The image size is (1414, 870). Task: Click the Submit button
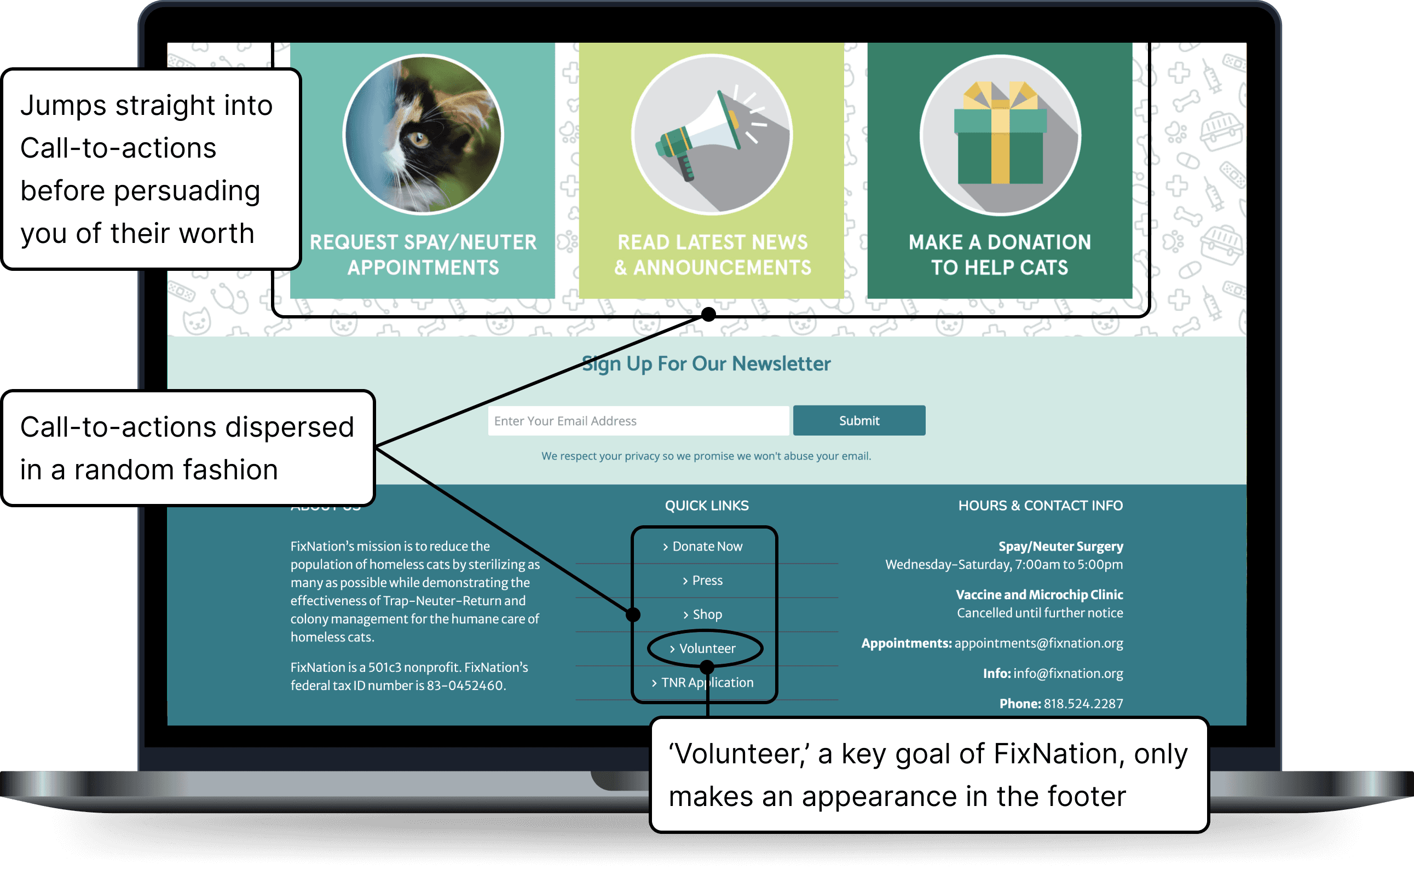(x=859, y=421)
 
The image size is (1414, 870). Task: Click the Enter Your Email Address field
(x=638, y=421)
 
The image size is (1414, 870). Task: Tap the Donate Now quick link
(x=707, y=546)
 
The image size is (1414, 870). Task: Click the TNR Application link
(x=707, y=682)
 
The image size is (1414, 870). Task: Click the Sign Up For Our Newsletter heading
(x=707, y=364)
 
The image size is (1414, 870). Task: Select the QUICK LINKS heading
(x=707, y=506)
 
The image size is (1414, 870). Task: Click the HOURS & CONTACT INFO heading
(x=1040, y=506)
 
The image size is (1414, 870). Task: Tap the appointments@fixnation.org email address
(x=1038, y=643)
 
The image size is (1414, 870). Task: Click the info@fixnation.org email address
(x=1067, y=673)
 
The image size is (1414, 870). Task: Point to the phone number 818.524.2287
(x=1083, y=703)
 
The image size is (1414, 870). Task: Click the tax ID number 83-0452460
(x=465, y=685)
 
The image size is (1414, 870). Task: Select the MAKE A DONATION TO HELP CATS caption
(x=1000, y=255)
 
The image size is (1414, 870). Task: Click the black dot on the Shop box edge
(x=633, y=614)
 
